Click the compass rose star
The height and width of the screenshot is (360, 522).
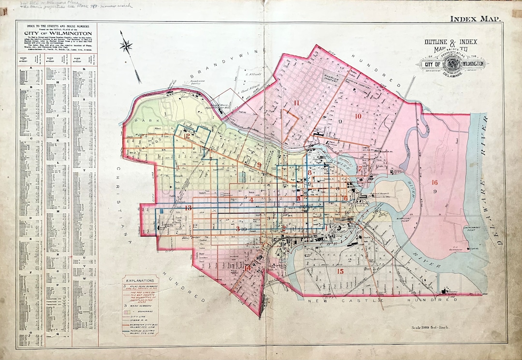pos(127,47)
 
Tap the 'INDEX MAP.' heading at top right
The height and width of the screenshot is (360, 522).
pos(475,19)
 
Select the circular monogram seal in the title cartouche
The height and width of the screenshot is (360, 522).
pos(452,63)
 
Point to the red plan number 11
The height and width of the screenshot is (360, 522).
pos(296,102)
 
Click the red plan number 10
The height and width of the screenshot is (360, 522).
pos(358,116)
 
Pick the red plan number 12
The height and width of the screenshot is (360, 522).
pos(186,136)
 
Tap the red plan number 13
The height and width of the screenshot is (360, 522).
pos(188,208)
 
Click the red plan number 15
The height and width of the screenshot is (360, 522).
pos(340,271)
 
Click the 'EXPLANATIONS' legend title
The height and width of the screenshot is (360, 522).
pos(140,280)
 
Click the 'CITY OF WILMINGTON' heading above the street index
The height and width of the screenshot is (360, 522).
pos(56,33)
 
